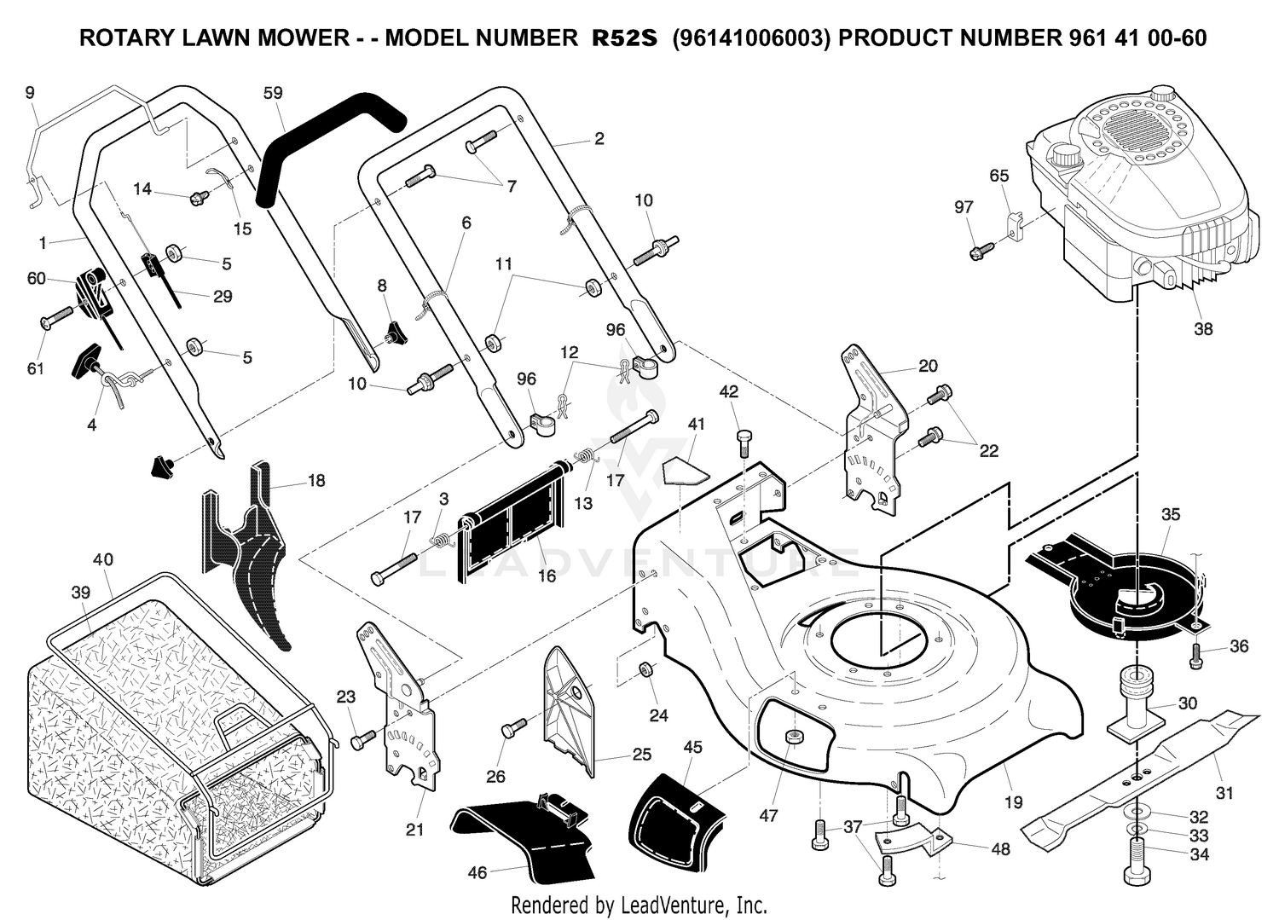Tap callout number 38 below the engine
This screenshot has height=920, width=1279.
[x=1203, y=329]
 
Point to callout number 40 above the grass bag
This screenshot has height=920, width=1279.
[x=103, y=559]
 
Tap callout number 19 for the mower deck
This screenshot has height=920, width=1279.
[x=1014, y=802]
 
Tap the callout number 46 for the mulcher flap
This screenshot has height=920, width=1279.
[x=477, y=872]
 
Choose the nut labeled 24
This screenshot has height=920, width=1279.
[x=645, y=668]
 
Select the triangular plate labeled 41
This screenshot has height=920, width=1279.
[x=686, y=469]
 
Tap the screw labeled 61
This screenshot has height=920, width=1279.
[x=58, y=317]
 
